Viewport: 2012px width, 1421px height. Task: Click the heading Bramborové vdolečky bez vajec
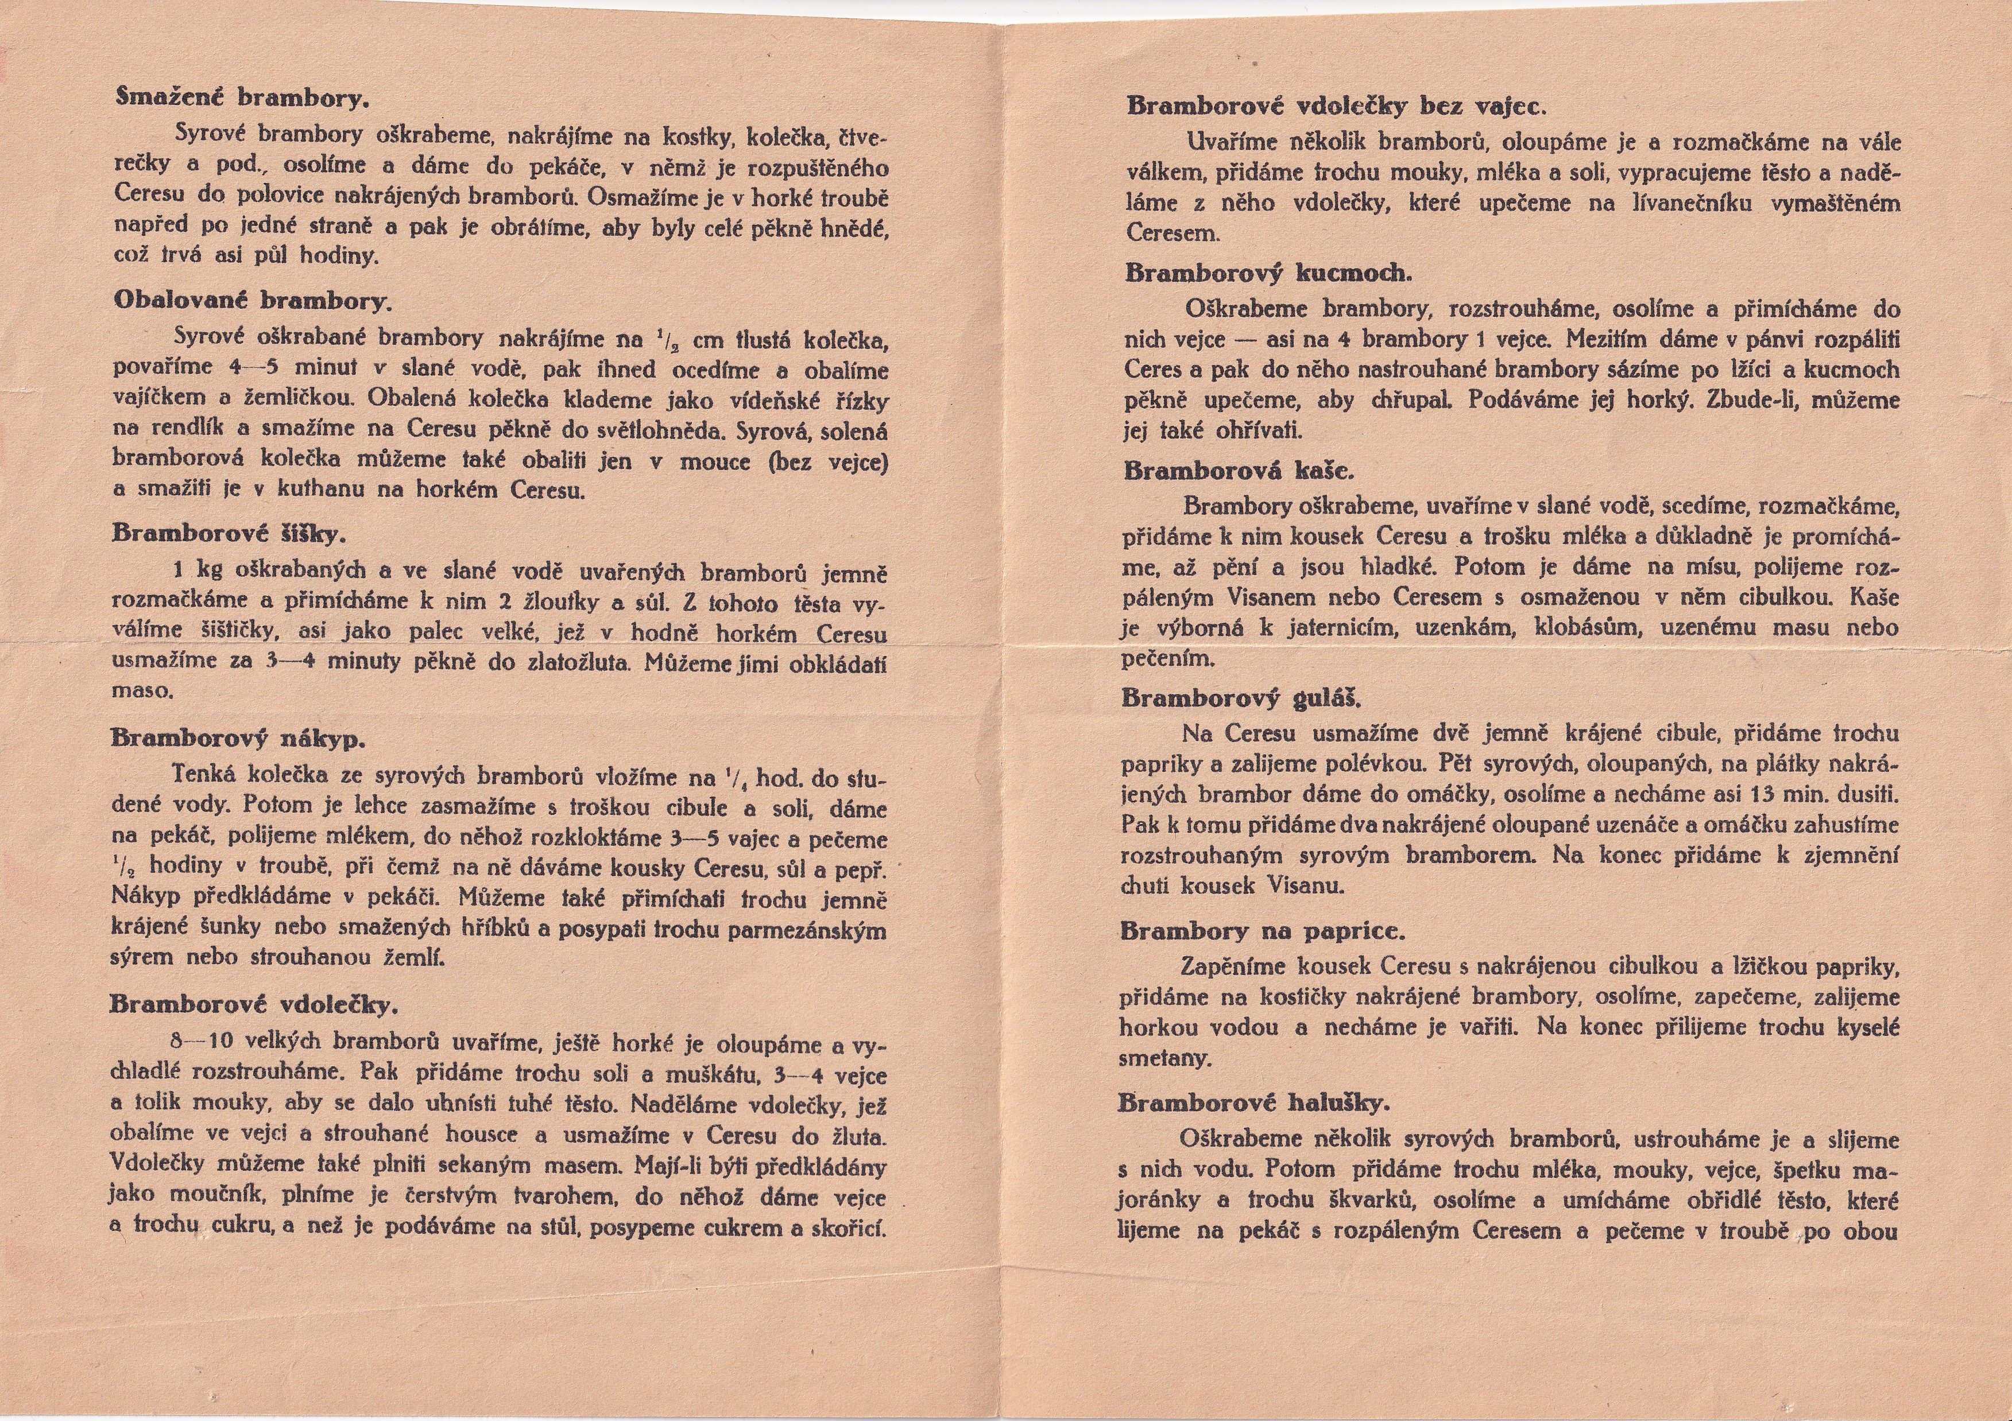pyautogui.click(x=1336, y=106)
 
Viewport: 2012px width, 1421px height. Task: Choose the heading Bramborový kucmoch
pyautogui.click(x=1268, y=273)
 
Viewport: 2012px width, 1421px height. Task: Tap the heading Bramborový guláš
pyautogui.click(x=1241, y=698)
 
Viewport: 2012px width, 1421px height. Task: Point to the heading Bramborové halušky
pyautogui.click(x=1254, y=1103)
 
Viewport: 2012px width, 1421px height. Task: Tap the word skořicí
pyautogui.click(x=849, y=1228)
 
